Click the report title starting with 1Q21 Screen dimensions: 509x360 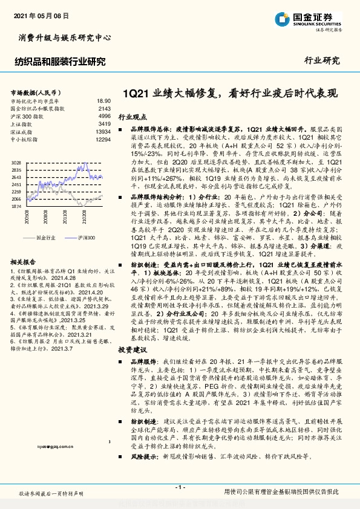point(230,94)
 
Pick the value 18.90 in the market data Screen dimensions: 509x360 point(104,101)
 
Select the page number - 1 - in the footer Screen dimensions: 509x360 point(180,487)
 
